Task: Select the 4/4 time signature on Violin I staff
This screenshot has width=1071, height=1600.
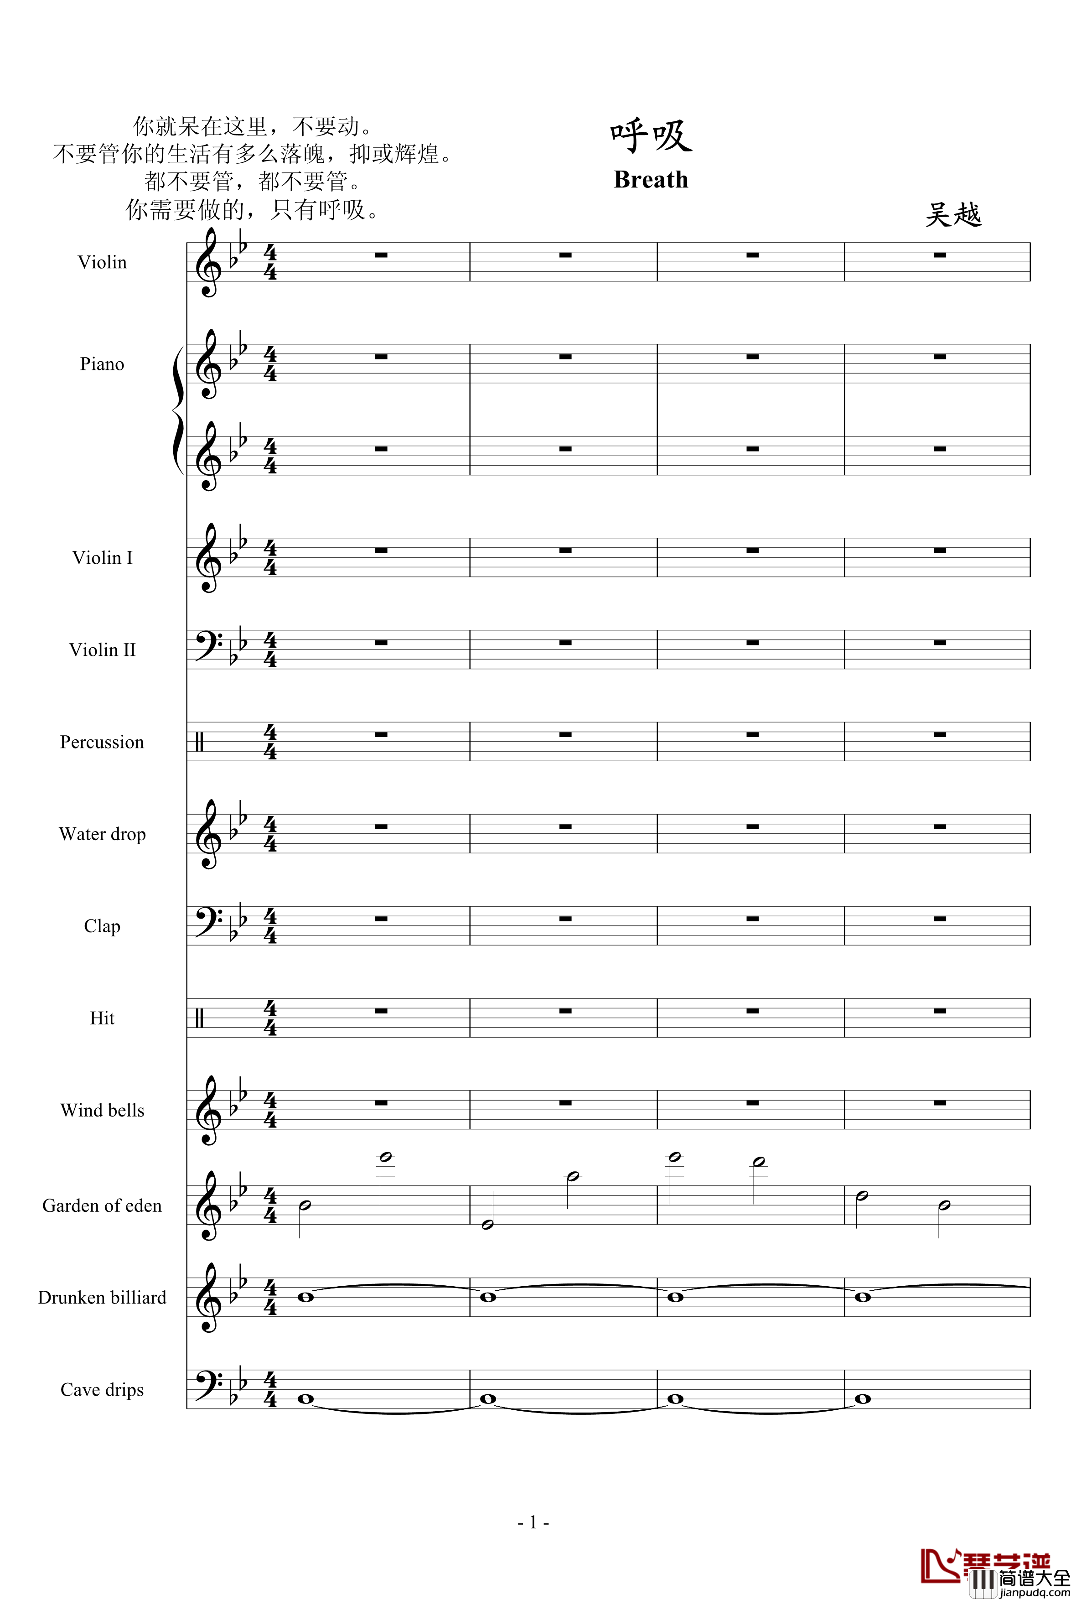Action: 270,557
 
